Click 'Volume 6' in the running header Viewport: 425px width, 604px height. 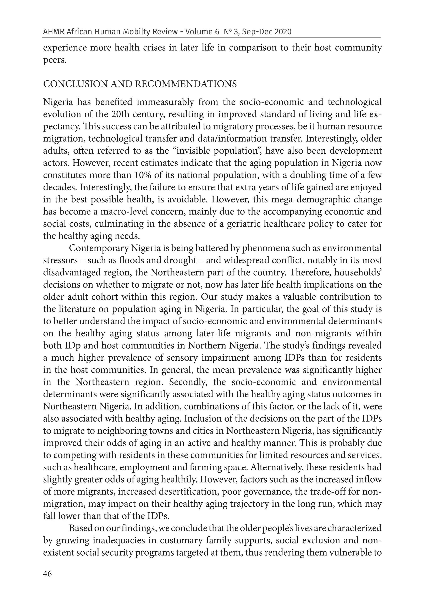(202, 32)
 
